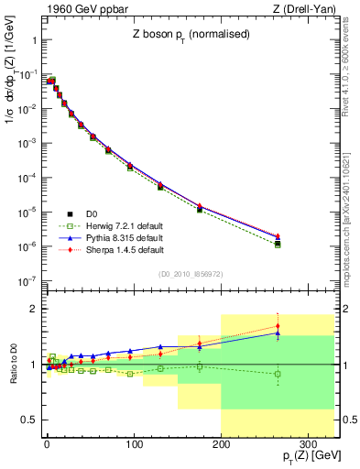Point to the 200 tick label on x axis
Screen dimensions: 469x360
(221, 443)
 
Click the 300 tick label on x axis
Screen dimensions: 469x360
(308, 443)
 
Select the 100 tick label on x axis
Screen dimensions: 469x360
(134, 443)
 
